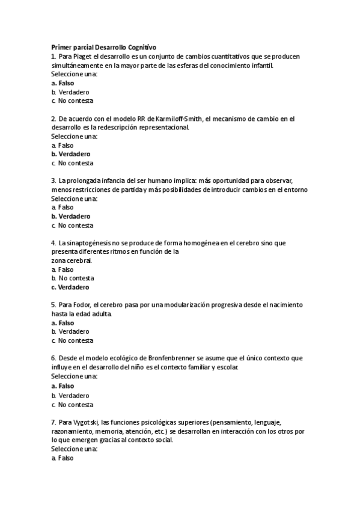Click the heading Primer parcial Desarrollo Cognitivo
tap(103, 46)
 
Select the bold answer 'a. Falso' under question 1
tap(63, 83)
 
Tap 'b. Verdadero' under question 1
tap(70, 92)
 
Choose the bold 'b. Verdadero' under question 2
tap(71, 154)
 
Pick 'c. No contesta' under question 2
tap(72, 163)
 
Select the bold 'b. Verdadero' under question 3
tap(71, 217)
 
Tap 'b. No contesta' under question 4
tap(72, 278)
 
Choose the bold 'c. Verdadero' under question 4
tap(71, 287)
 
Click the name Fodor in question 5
tap(81, 305)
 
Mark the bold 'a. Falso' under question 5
tap(63, 323)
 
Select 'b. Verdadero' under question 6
tap(70, 396)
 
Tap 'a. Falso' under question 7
tap(63, 458)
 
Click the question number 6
tap(53, 358)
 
